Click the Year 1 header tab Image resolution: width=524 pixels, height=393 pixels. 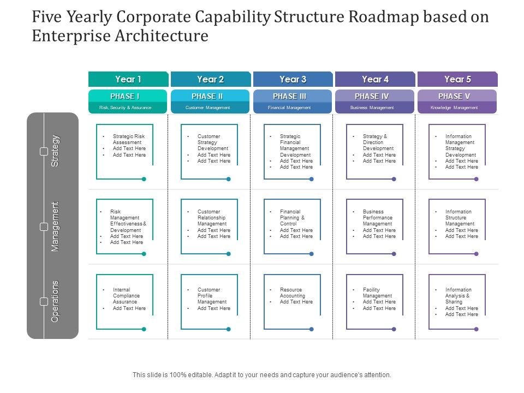128,79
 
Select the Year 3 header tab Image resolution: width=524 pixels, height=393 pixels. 293,79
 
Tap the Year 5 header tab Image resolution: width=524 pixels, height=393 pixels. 457,79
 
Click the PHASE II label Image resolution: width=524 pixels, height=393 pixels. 207,96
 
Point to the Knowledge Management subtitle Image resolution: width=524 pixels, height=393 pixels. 454,108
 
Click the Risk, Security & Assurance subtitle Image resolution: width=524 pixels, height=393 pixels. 125,108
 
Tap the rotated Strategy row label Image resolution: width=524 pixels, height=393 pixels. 55,151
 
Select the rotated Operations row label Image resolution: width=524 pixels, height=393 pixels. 55,301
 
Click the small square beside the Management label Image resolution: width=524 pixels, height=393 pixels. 44,226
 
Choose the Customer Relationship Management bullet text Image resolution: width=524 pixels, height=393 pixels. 212,218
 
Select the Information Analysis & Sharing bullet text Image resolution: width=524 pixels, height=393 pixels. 458,296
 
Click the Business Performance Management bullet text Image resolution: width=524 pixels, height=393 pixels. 378,218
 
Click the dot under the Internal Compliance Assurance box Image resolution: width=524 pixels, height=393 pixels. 144,329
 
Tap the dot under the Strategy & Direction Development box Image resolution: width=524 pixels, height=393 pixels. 394,179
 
